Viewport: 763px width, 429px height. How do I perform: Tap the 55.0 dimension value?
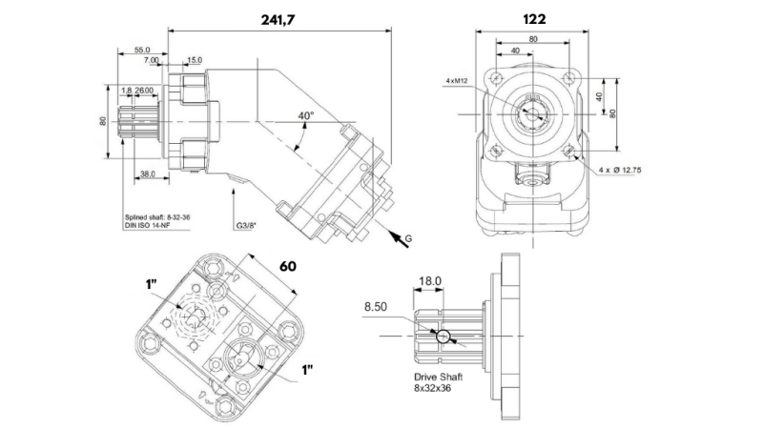click(142, 50)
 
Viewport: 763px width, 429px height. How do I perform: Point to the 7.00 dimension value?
click(152, 60)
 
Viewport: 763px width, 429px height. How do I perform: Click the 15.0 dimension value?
click(194, 60)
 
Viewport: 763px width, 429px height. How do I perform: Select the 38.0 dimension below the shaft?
click(147, 174)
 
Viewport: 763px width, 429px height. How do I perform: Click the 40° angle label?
click(305, 115)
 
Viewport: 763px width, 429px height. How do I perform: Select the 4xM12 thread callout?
click(457, 82)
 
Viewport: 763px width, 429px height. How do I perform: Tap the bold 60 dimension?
click(289, 267)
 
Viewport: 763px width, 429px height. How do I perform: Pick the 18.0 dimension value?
click(431, 281)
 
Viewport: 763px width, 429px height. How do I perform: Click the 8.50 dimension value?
click(378, 307)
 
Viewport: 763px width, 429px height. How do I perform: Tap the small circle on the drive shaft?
click(442, 337)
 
